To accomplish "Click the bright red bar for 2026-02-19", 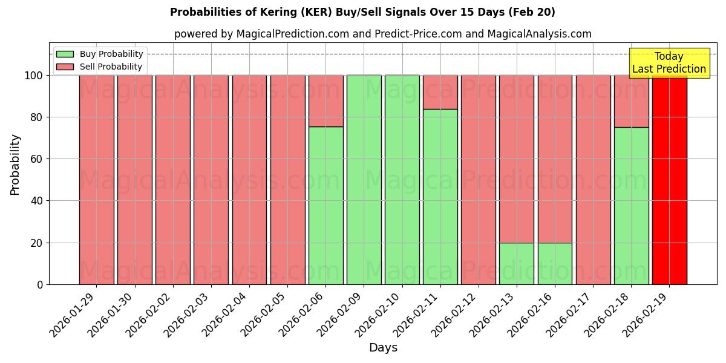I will (x=669, y=180).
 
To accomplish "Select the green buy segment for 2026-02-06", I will (x=325, y=206).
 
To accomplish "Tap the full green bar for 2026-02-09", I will (x=364, y=180).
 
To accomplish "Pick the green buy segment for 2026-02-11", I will (x=440, y=197).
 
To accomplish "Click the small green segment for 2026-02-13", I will (x=517, y=264).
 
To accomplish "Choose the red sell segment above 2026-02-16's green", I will (x=555, y=159).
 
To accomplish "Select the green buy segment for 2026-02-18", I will (x=631, y=206).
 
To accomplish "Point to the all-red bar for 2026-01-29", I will (x=96, y=180).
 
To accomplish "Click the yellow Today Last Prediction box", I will (x=669, y=63).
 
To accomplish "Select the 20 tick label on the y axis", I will (x=37, y=243).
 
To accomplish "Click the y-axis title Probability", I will (x=15, y=164).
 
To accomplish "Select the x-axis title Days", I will (x=383, y=348).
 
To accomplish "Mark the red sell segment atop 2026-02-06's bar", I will (x=325, y=100).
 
